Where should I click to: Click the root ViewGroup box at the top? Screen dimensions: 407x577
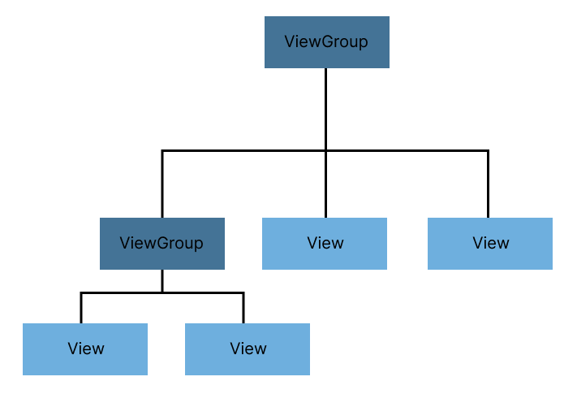click(x=326, y=42)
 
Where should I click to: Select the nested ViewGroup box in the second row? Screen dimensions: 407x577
click(x=161, y=243)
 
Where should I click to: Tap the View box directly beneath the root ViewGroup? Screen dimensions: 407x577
click(x=325, y=243)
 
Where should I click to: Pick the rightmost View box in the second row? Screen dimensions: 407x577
click(x=490, y=243)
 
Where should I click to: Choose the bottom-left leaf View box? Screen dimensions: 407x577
click(x=85, y=349)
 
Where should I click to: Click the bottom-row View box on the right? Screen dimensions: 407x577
click(x=248, y=349)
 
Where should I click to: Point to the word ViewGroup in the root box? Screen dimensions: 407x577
click(x=326, y=42)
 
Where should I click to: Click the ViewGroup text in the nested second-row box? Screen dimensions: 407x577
click(x=161, y=243)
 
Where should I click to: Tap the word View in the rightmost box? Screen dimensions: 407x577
click(x=491, y=243)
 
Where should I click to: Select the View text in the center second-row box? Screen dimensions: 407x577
click(x=325, y=243)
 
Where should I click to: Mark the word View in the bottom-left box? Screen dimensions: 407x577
click(x=86, y=349)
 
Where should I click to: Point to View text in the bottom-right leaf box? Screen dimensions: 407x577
click(x=248, y=349)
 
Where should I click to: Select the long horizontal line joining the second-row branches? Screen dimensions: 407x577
click(x=243, y=150)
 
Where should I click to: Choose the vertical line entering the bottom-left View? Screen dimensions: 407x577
click(x=81, y=308)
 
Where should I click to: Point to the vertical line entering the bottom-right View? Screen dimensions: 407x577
click(x=243, y=308)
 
